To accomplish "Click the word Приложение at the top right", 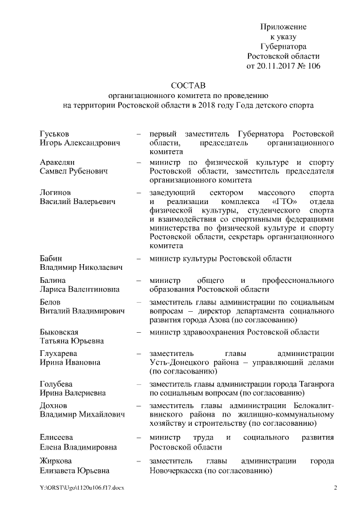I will (284, 27).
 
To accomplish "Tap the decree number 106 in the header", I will (313, 66).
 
